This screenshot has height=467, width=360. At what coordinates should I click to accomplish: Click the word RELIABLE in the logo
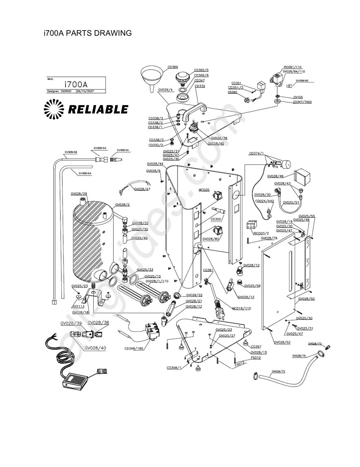[98, 110]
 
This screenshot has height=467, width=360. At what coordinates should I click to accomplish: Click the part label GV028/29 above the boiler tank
[79, 194]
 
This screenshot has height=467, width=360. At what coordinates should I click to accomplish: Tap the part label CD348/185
[134, 348]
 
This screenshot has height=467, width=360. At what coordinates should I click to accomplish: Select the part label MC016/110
[241, 308]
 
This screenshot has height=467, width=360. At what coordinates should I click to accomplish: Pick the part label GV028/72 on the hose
[278, 371]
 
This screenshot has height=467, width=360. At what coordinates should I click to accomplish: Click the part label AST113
[78, 306]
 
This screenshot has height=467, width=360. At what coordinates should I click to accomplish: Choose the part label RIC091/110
[292, 67]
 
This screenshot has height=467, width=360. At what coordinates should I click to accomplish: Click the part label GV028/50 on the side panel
[306, 299]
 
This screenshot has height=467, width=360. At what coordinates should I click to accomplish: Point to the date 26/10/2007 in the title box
[85, 91]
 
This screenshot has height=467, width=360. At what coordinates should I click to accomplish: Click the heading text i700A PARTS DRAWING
[88, 33]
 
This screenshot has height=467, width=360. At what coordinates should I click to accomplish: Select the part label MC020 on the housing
[204, 190]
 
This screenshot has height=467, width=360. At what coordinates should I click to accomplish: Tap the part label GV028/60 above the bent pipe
[71, 152]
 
